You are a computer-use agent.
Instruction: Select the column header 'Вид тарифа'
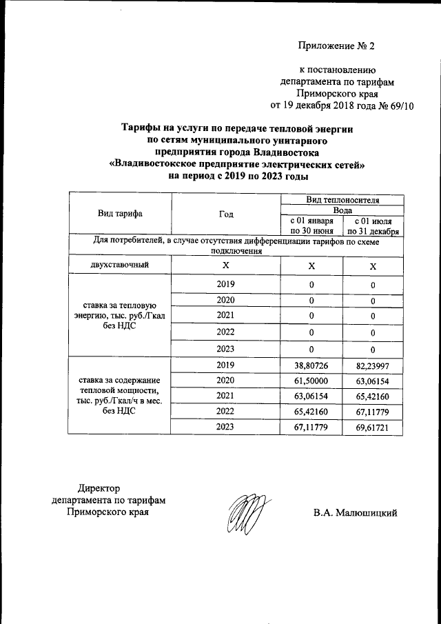click(120, 213)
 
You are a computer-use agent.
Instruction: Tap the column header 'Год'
click(225, 213)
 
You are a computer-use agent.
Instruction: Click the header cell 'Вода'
click(342, 210)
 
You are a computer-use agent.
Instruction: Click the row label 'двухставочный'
click(120, 265)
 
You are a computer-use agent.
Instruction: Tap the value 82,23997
click(373, 365)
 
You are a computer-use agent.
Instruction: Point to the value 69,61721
click(373, 427)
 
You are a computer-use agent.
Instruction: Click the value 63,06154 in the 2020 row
click(373, 381)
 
